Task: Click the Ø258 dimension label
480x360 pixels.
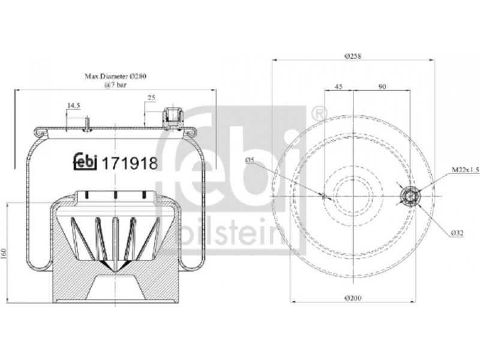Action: (x=353, y=56)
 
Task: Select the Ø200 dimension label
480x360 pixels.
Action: (x=353, y=298)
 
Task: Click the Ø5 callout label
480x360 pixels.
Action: (x=250, y=160)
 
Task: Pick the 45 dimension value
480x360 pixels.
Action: (x=338, y=86)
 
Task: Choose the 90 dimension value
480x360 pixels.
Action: (x=382, y=86)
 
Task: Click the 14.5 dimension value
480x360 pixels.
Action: (x=73, y=106)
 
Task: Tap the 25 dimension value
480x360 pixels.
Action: (x=152, y=98)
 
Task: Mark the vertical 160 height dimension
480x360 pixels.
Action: (x=4, y=253)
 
